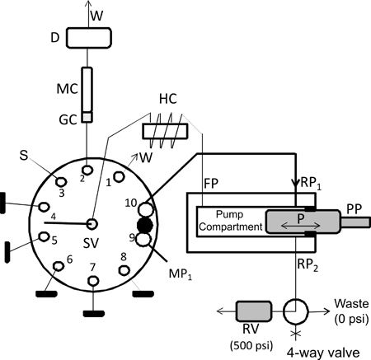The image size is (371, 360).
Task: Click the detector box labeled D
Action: click(89, 37)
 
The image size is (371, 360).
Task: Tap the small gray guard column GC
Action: click(87, 117)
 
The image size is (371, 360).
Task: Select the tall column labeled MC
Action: click(87, 90)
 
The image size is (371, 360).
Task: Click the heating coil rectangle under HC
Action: click(165, 131)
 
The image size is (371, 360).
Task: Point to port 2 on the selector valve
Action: click(88, 170)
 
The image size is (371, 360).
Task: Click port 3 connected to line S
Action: click(61, 181)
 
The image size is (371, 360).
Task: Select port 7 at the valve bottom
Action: click(93, 281)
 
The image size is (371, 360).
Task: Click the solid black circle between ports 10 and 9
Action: click(145, 225)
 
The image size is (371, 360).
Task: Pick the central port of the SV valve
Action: click(92, 224)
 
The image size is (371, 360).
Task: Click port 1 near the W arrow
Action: click(119, 176)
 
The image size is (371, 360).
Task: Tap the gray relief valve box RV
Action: click(254, 311)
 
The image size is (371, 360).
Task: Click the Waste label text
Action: click(351, 303)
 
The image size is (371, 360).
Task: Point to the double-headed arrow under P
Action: click(301, 226)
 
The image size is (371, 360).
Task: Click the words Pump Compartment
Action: click(231, 221)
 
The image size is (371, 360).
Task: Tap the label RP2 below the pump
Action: click(308, 264)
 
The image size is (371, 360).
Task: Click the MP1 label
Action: click(181, 274)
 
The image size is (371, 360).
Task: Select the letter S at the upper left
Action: click(24, 155)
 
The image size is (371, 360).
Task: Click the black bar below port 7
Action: click(94, 313)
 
